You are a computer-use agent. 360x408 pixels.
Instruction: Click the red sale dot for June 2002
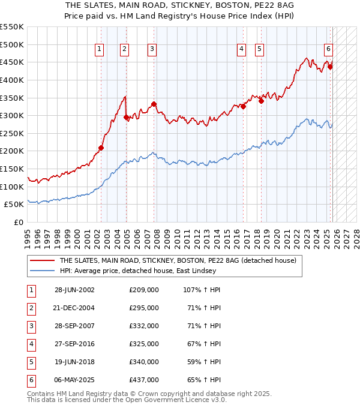(x=101, y=148)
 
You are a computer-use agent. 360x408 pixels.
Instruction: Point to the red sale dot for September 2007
(x=154, y=104)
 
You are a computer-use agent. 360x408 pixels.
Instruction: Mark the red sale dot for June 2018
(x=261, y=101)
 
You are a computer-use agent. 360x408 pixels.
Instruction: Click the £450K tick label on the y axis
(x=11, y=62)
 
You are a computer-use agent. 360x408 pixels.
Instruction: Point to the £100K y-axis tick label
(x=11, y=187)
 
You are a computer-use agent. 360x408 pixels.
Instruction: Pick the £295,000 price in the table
(x=144, y=308)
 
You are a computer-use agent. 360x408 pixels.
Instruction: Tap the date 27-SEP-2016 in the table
(x=74, y=344)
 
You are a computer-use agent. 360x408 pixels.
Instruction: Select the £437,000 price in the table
(x=144, y=380)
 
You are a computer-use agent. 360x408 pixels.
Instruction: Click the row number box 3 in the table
(x=31, y=326)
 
